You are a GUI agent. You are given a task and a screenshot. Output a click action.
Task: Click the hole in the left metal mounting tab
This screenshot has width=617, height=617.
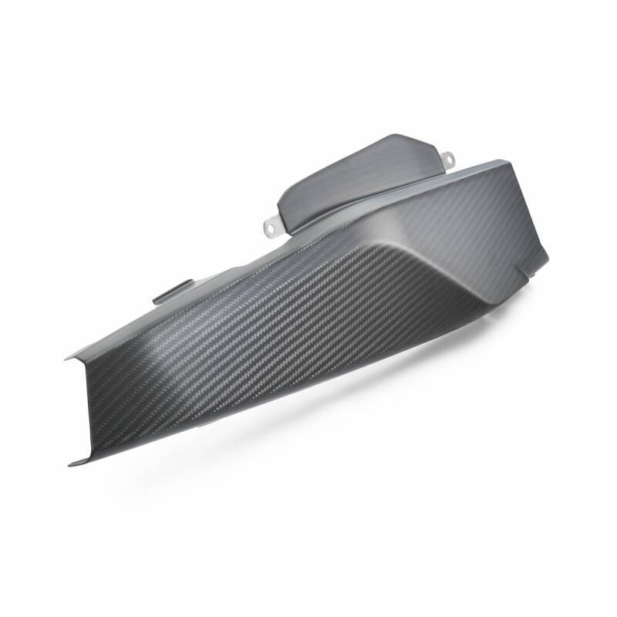(270, 226)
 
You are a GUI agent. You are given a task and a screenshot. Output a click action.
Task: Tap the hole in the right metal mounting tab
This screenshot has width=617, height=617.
(449, 159)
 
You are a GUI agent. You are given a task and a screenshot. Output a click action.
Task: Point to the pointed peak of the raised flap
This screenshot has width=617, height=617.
(400, 137)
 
